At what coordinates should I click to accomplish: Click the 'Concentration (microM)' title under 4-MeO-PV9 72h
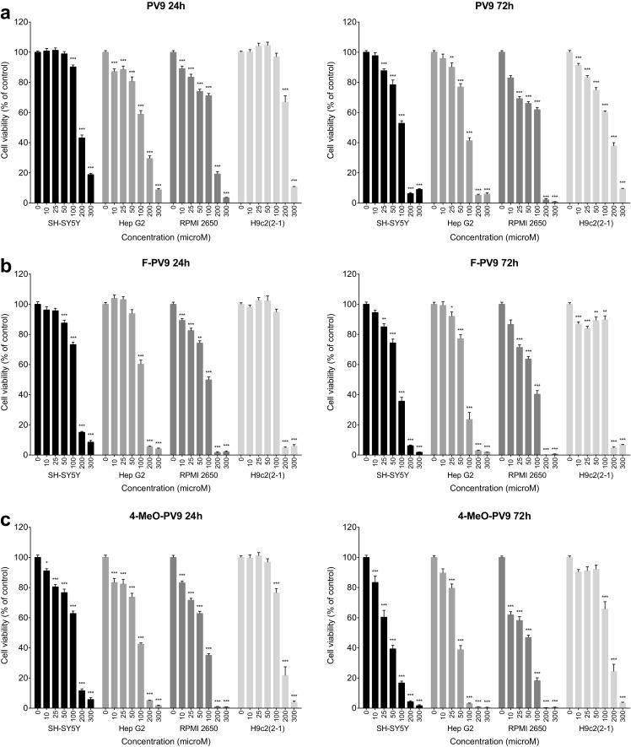(x=493, y=741)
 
